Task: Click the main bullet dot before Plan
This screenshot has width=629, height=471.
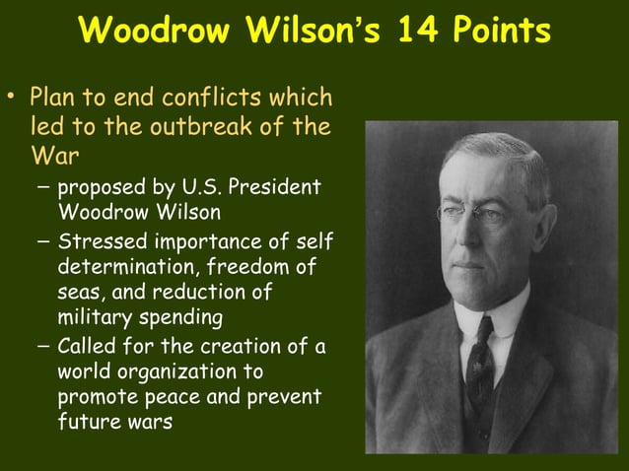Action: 13,99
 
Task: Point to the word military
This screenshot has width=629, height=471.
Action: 95,318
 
